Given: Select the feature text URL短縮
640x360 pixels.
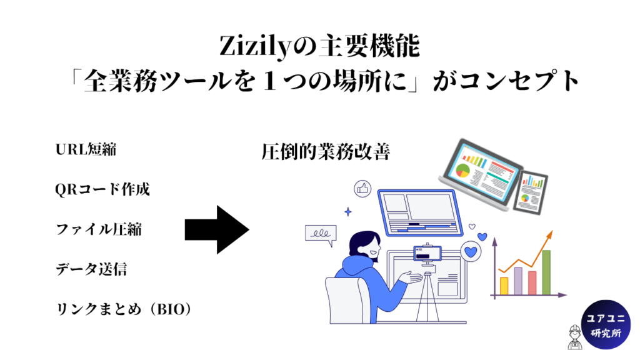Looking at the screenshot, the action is (x=86, y=149).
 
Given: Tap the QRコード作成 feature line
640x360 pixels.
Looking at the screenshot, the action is (x=102, y=189).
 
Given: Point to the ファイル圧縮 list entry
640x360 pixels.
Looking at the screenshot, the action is (x=99, y=229).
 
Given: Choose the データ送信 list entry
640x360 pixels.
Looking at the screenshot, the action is (x=91, y=269).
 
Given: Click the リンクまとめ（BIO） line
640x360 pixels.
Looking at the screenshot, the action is (x=123, y=309).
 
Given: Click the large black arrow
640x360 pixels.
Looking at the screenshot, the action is (x=217, y=230).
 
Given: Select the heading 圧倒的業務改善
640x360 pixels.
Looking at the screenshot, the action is (x=326, y=152).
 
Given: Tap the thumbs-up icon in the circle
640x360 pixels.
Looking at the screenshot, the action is (x=362, y=189).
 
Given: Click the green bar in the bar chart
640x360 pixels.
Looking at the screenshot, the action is (x=546, y=272).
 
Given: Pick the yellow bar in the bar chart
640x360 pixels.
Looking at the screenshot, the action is (x=504, y=286).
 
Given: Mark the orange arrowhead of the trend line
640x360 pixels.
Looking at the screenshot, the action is (x=549, y=234).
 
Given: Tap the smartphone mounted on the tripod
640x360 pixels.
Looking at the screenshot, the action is (x=427, y=254).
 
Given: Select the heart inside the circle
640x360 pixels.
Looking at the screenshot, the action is (x=471, y=251).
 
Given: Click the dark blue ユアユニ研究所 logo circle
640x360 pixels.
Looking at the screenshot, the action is (x=606, y=325).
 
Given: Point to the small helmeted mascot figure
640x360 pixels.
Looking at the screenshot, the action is (x=575, y=337).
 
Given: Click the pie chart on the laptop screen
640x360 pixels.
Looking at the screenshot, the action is (x=463, y=171).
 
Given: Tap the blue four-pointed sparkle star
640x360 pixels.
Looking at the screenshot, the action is (x=348, y=211).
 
